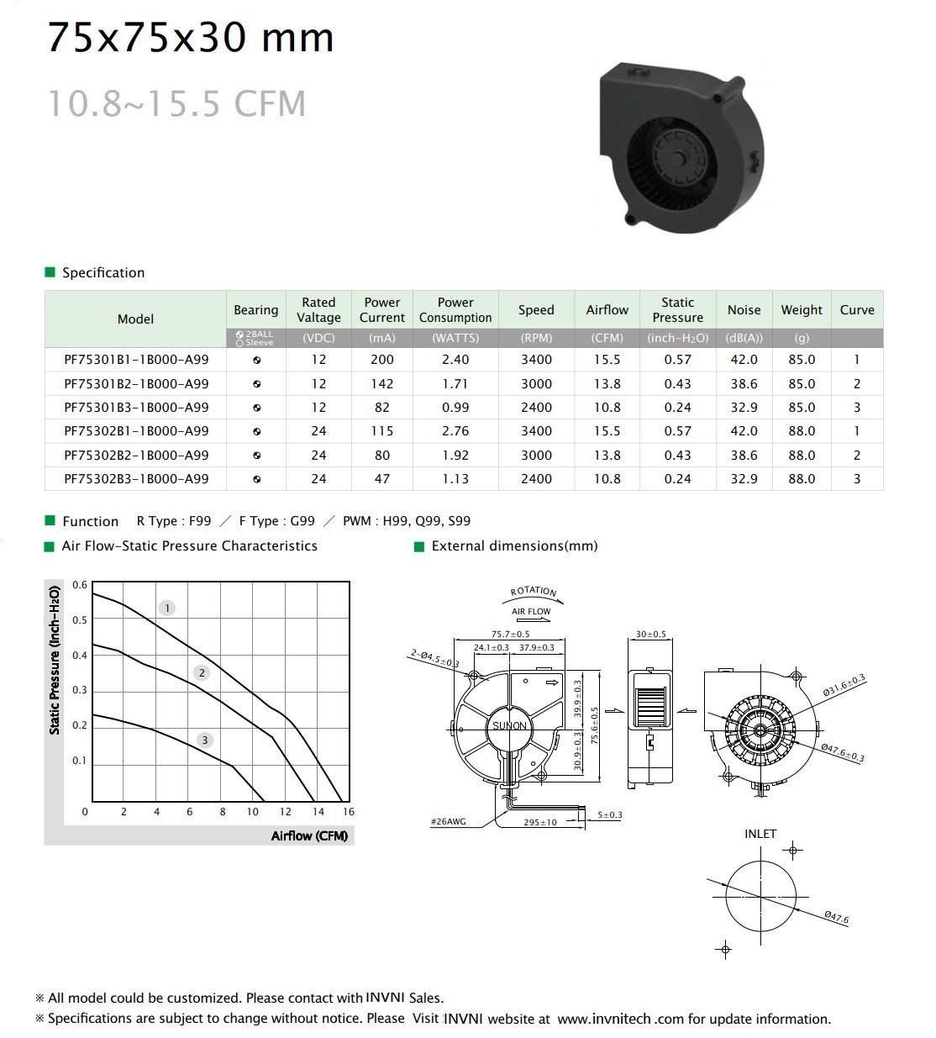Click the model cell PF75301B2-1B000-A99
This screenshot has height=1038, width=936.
coord(136,384)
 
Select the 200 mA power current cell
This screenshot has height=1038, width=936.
coord(381,360)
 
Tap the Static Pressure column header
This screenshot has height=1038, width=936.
coord(677,309)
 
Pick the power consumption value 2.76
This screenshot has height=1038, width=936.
coord(455,431)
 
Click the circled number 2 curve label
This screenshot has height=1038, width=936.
coord(202,672)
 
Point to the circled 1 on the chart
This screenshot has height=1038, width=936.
coord(166,608)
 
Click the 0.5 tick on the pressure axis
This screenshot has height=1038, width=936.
coord(80,620)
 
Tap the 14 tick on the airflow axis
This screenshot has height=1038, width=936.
coord(318,811)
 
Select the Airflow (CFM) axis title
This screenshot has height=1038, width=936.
coord(309,835)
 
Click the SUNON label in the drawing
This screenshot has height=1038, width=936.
coord(509,726)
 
